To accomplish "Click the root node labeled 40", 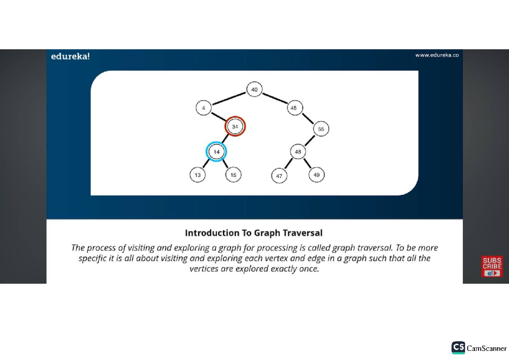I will [255, 89].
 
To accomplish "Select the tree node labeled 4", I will [204, 108].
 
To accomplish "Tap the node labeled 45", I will [294, 108].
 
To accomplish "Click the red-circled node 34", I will [235, 127].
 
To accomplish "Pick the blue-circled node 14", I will [216, 152].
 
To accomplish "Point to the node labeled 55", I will [321, 129].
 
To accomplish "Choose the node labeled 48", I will [298, 152].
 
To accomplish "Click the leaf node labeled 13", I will [198, 174].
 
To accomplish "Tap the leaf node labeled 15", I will [233, 174].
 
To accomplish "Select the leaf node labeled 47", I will [279, 176].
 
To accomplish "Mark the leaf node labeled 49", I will [316, 174].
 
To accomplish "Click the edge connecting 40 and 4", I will [229, 98].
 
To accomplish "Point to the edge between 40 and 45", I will [274, 98].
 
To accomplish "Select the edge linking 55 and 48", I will [310, 141].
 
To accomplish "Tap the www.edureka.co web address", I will [437, 55].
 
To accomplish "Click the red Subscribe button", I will [492, 267].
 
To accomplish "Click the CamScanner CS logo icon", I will [458, 347].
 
